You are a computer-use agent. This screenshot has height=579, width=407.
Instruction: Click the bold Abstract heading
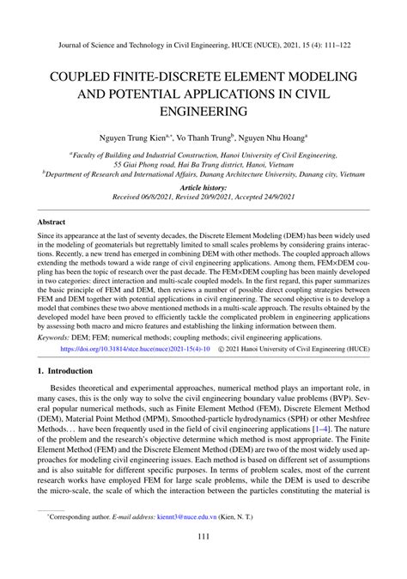pos(52,221)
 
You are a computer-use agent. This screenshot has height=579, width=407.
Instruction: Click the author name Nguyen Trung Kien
pos(127,136)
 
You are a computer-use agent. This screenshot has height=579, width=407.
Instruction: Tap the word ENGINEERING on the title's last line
pos(203,111)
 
